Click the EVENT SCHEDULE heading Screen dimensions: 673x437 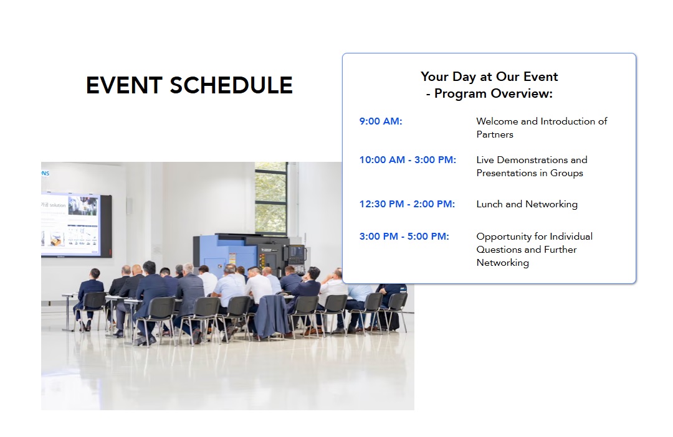coord(189,85)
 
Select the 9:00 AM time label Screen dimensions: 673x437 coord(381,121)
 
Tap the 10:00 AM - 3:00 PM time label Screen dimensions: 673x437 coord(408,160)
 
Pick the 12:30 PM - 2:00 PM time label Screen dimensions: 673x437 coord(407,204)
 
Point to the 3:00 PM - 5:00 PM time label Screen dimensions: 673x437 coord(404,237)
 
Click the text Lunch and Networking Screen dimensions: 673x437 coord(527,204)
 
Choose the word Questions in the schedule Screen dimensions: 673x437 coord(499,250)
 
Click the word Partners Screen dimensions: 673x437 coord(495,134)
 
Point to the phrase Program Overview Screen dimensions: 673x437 coord(494,93)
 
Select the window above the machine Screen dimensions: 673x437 coord(270,198)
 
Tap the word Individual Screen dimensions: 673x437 coord(571,237)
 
